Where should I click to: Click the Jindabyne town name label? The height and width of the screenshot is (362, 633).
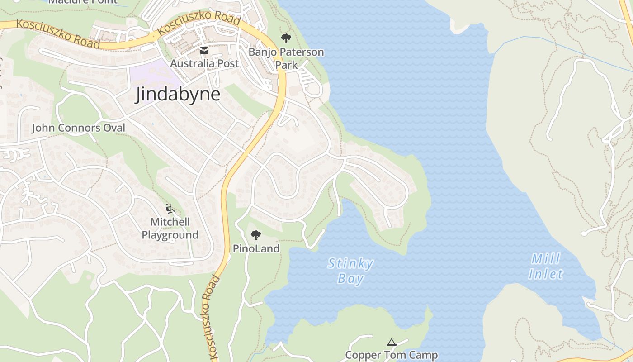coord(178,95)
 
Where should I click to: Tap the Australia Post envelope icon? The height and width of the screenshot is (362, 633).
coord(204,50)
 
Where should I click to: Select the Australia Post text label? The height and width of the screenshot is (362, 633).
coord(204,63)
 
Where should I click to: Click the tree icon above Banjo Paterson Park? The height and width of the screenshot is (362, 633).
coord(286,38)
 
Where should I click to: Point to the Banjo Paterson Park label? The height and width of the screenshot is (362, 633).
coord(286,58)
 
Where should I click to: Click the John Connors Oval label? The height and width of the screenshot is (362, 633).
coord(78,128)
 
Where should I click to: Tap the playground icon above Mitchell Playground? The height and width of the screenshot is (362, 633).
coord(170,209)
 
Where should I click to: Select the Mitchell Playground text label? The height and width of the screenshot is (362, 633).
coord(170,229)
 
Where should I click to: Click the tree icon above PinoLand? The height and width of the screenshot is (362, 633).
coord(256,235)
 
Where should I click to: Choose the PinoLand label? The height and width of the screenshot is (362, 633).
coord(256,248)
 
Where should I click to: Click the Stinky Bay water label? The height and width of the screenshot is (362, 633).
coord(350,271)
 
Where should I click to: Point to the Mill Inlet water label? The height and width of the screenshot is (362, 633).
coord(546,267)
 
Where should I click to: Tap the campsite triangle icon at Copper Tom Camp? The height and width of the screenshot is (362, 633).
coord(392,342)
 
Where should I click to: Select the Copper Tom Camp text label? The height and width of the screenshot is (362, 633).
coord(392,355)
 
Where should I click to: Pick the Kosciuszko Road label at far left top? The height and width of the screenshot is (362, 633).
coord(57,33)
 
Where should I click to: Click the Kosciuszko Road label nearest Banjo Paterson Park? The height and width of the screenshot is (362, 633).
coord(199,24)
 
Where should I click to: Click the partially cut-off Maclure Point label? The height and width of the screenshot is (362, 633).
coord(82,2)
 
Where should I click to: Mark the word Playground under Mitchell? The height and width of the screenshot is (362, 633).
coord(170,235)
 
